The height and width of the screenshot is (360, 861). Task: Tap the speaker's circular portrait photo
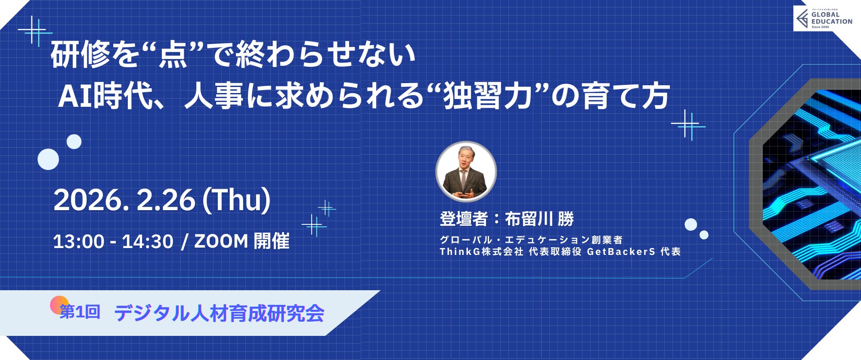click(466, 171)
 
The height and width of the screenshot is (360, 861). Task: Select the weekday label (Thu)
click(236, 200)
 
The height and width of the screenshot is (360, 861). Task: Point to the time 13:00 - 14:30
click(113, 242)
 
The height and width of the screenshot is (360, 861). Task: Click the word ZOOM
click(221, 242)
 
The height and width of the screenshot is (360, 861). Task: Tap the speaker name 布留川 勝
click(539, 219)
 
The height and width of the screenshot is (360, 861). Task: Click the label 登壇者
click(464, 219)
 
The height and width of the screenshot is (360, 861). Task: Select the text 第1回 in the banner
click(80, 312)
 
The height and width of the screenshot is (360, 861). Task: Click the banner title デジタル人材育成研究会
click(219, 313)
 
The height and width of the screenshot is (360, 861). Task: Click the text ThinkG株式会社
click(481, 251)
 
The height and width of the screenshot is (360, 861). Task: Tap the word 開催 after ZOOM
click(272, 241)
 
